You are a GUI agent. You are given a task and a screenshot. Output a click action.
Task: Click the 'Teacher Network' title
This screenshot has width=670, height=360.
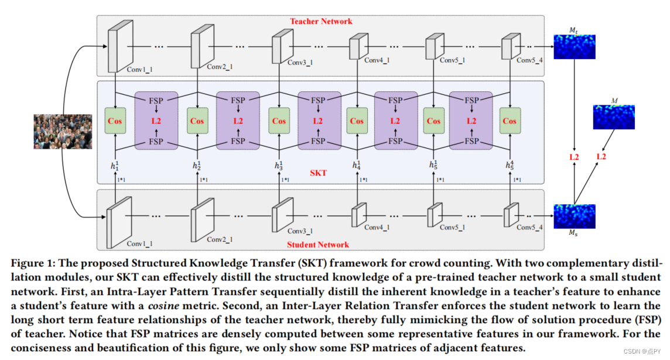point(320,21)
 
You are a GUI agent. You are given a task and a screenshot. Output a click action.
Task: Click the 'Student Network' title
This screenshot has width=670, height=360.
point(317,245)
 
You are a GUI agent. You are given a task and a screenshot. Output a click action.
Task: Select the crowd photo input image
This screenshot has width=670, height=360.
point(63,131)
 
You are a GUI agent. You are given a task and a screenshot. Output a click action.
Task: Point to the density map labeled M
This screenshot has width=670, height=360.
point(614,116)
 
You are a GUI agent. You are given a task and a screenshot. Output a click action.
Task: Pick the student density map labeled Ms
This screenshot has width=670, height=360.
point(574,215)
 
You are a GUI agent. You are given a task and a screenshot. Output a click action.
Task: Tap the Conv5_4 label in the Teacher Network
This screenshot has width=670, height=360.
point(531,60)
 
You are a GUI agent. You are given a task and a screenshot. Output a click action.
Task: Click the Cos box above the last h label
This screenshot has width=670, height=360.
point(510,121)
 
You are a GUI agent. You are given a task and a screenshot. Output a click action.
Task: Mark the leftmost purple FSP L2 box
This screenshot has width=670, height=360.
point(156,121)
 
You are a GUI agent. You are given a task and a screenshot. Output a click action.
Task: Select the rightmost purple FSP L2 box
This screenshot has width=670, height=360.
point(471,121)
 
